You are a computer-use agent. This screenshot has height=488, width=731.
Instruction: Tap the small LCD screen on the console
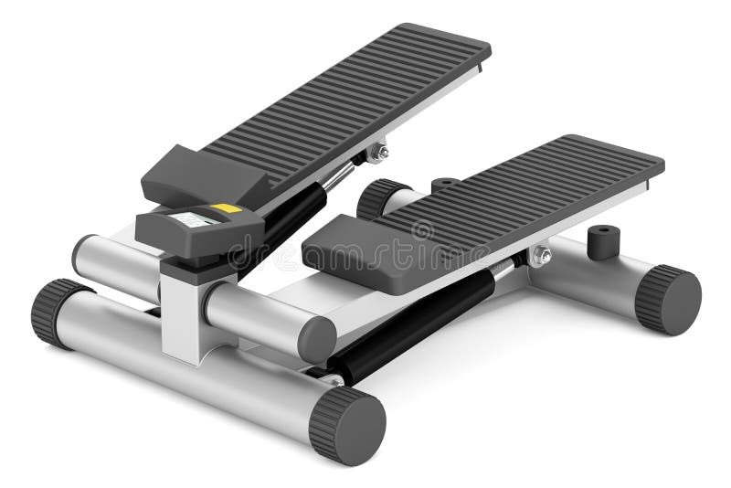[196, 219]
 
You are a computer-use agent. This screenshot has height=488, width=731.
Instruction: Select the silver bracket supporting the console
[183, 311]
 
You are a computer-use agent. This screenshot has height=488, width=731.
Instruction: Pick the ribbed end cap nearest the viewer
[348, 426]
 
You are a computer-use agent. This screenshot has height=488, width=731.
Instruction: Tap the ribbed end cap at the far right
[668, 300]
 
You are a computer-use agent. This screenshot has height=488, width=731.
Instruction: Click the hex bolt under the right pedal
[542, 256]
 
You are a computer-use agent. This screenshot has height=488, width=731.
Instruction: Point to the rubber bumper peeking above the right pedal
[445, 184]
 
